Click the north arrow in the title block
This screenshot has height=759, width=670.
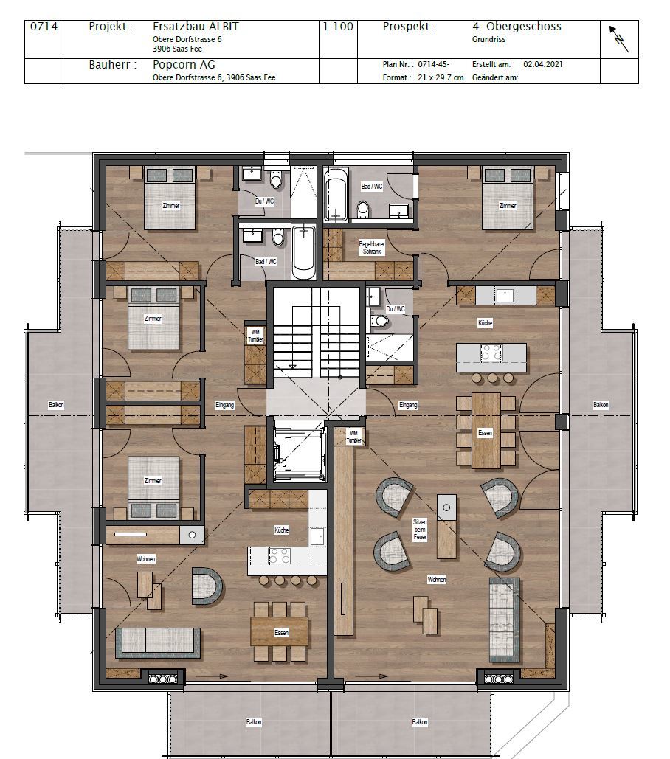619,39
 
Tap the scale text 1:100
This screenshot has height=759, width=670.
338,27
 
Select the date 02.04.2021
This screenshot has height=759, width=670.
542,64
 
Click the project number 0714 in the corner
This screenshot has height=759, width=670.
44,27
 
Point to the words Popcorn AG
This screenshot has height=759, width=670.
184,65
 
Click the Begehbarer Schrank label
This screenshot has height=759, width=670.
372,248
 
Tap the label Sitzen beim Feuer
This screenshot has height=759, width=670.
420,530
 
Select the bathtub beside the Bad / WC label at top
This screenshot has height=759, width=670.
336,194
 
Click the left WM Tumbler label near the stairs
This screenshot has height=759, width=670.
255,336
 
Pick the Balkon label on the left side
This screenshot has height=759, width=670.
56,405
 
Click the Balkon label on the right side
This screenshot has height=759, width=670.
601,405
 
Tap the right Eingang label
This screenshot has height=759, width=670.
408,405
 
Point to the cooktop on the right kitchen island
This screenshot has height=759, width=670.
491,353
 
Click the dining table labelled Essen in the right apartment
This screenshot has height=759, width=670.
486,431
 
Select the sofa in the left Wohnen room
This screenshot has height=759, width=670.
158,642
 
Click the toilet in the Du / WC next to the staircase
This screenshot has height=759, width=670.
381,320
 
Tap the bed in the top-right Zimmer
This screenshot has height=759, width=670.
507,198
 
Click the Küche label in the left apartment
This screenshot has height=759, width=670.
282,530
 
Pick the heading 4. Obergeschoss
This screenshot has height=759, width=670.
517,27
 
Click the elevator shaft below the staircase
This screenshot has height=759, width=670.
297,450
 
